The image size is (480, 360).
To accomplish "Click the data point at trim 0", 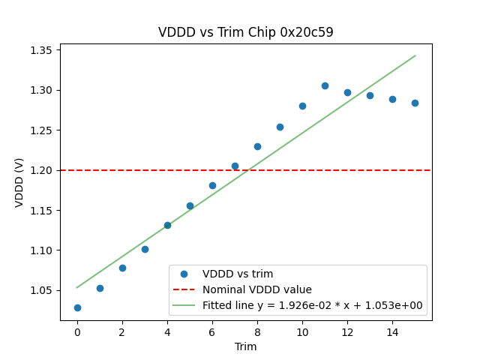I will point(77,307).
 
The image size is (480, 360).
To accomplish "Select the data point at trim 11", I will point(325,85).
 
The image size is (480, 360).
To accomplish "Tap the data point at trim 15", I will point(415,103).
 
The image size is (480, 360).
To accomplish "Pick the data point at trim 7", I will point(235,166).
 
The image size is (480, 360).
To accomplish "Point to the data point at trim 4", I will point(167,225).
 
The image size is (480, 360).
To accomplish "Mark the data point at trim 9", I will point(280,127).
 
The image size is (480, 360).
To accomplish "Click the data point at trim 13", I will point(370,95).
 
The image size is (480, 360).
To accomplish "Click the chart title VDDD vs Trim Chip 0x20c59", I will point(245,32).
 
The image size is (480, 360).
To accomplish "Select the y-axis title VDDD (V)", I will point(19,182).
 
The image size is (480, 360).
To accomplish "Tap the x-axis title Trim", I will point(245,346).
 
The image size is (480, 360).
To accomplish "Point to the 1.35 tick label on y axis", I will point(40,50).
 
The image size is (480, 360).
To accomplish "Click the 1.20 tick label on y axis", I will point(40,170).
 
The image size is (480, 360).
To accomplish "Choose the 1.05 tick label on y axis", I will point(40,290).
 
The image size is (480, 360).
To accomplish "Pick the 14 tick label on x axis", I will point(392,332).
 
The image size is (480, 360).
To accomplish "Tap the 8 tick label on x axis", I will point(257,332).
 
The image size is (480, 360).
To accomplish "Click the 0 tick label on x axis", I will point(77,332).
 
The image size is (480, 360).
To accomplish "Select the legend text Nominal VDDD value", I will point(256,289).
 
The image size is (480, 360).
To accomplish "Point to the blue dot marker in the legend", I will point(184,274).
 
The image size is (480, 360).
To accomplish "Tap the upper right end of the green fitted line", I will point(415,55).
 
